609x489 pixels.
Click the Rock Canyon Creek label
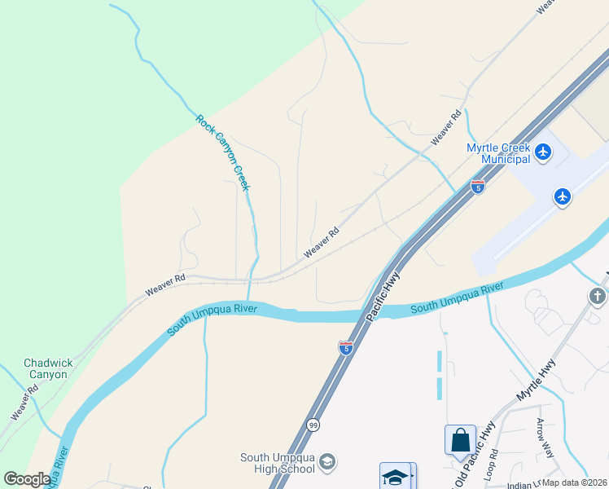point(223,152)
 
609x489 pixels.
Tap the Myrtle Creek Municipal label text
point(498,153)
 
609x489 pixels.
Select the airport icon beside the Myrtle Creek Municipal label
point(544,151)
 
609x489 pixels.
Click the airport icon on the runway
point(562,196)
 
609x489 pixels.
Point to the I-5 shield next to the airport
point(478,186)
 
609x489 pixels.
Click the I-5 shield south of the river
point(346,347)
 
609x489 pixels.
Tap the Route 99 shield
point(313,425)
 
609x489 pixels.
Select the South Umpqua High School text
point(277,463)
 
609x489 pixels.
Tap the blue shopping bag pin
point(460,440)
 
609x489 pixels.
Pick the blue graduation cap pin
point(397,477)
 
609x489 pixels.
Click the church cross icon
point(598,296)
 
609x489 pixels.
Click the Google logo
point(26,479)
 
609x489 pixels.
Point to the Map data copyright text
point(575,482)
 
